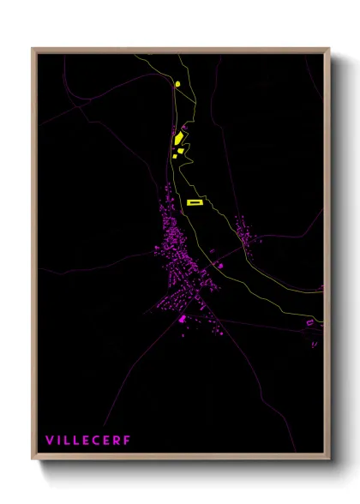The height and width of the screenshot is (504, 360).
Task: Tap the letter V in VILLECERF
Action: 50,441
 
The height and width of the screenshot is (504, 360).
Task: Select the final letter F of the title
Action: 128,441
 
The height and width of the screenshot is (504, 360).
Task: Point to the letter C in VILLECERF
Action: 99,441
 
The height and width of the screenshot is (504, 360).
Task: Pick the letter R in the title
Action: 118,441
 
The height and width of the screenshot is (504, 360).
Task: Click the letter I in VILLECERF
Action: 59,441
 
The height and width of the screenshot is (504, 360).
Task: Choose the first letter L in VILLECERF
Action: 68,441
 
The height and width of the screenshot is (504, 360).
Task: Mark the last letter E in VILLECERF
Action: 109,441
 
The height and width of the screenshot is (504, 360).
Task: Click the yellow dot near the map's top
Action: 177,84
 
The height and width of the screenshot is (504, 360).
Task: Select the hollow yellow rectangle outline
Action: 194,202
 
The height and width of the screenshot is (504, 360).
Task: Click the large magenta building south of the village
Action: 182,319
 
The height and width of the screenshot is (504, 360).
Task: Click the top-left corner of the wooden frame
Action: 33,50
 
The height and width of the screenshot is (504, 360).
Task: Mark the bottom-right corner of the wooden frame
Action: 328,459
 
